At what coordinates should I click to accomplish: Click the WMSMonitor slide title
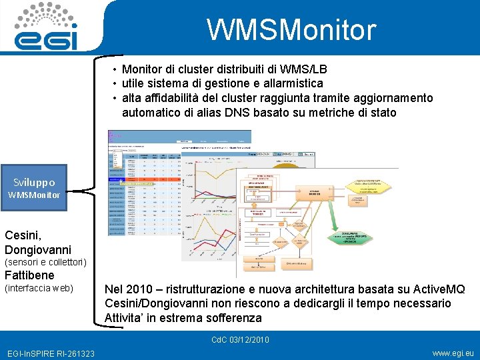point(291,30)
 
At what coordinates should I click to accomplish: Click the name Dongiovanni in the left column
point(37,250)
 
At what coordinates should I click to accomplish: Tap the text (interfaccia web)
point(39,288)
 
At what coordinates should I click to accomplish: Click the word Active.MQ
point(437,289)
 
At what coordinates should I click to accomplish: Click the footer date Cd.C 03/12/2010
point(240,340)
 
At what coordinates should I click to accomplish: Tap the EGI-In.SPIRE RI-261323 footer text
point(50,353)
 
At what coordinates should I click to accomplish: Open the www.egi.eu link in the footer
point(453,353)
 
